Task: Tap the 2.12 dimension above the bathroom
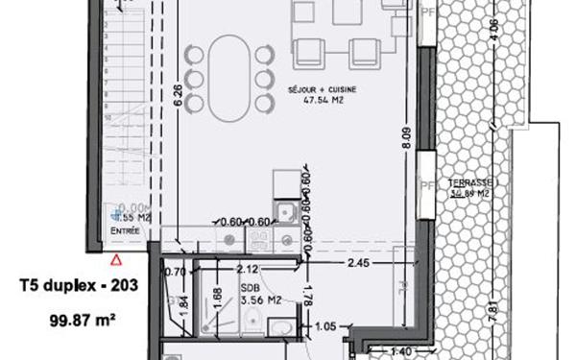coord(247,270)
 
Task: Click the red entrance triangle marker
coord(116,258)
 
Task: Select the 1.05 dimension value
coord(327,324)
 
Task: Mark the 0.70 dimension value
coord(174,272)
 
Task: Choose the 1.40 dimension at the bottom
coord(400,352)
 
